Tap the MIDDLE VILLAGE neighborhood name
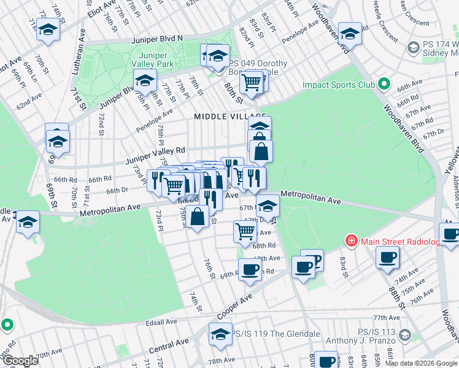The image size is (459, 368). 229,117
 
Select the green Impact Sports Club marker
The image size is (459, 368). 384,84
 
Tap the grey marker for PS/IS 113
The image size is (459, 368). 404,334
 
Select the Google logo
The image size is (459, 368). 20,361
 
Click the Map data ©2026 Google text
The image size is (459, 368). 421,363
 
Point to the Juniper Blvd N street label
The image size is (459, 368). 157,39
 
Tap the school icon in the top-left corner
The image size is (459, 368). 48,29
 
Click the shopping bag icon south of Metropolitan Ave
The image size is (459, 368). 197,217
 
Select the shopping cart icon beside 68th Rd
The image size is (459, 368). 245,231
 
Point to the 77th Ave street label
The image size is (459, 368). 387,318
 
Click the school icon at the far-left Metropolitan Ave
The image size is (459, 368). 27,221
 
